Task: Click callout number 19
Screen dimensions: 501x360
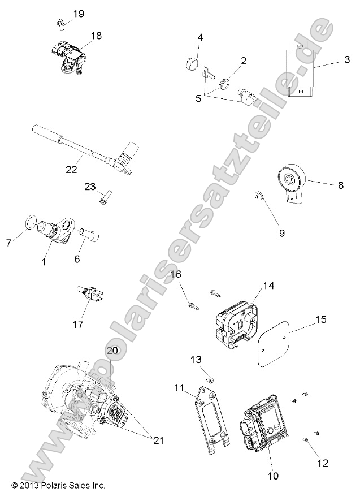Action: pos(78,14)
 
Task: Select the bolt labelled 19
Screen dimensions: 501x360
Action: pos(60,23)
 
